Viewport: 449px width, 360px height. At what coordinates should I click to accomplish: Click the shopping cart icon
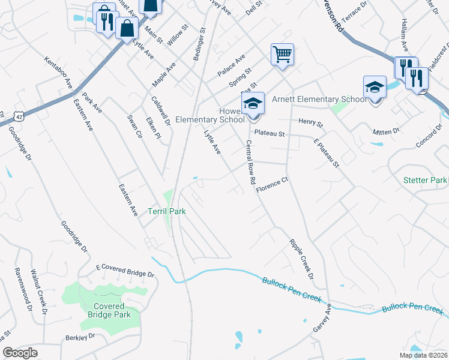click(x=282, y=55)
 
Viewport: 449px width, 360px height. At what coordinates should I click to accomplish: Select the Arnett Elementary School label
click(x=319, y=100)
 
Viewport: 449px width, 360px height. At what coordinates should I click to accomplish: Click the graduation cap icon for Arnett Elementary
click(x=375, y=87)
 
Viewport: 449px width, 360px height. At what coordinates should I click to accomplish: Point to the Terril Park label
click(x=167, y=211)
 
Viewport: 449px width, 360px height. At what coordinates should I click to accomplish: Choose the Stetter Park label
click(x=426, y=180)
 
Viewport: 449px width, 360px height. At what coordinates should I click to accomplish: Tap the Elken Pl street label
click(x=154, y=128)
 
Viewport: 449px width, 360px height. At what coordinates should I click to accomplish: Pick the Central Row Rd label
click(x=251, y=163)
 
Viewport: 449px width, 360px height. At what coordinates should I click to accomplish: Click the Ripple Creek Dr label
click(x=301, y=259)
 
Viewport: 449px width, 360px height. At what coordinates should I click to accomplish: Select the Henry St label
click(x=310, y=123)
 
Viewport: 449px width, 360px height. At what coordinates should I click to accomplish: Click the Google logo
click(x=20, y=353)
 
